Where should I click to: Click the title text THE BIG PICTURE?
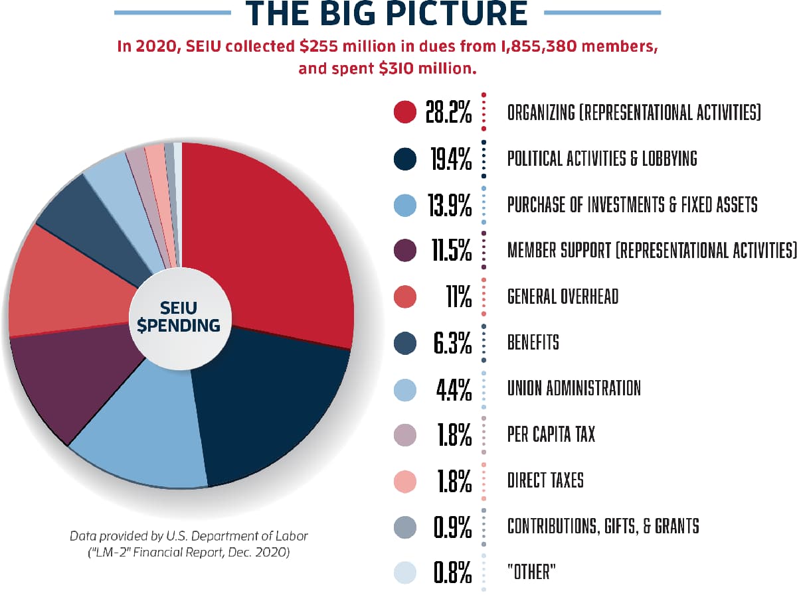click(387, 14)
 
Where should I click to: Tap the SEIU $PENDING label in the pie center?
click(181, 316)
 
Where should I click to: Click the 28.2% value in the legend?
click(448, 112)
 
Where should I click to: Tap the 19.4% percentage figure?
click(448, 159)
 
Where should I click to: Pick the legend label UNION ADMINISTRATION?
click(574, 388)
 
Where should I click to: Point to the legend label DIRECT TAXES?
click(545, 480)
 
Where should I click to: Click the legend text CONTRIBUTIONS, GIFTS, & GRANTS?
click(603, 526)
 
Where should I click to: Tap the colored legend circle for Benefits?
click(404, 342)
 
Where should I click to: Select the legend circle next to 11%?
click(404, 297)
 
